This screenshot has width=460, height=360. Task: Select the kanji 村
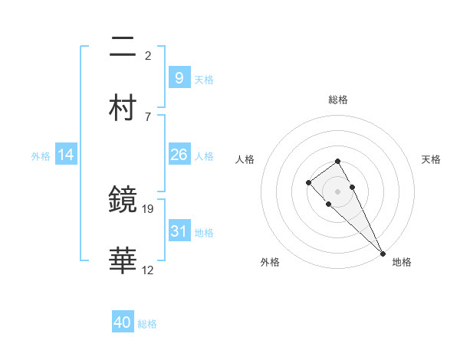pos(123,108)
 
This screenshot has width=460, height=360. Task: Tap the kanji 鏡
pos(123,200)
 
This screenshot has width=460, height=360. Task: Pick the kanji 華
pos(123,261)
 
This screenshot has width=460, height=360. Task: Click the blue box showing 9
pos(179,77)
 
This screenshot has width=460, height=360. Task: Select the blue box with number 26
pos(179,155)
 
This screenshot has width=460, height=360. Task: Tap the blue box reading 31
pos(179,231)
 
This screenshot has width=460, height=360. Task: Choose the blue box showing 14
pos(66,155)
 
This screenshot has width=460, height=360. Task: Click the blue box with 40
pos(123,322)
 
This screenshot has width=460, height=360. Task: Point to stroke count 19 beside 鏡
pos(149,208)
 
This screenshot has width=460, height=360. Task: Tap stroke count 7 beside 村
pos(147,116)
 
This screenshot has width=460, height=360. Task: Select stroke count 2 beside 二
pos(147,55)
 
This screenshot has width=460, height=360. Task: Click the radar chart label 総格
pos(338,100)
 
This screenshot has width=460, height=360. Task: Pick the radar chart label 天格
pos(431,159)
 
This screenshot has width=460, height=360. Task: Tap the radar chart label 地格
pos(402,262)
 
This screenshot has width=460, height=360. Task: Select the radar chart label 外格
pos(270,262)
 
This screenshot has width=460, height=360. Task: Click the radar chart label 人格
pos(245,159)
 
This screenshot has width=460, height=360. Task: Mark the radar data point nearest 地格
pos(383,253)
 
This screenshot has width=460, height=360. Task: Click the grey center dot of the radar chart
pos(338,191)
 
